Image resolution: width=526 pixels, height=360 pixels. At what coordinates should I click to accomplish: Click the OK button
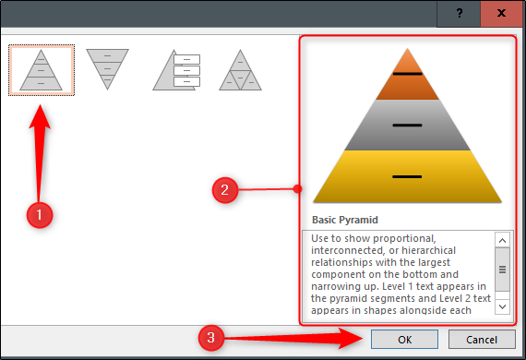(404, 340)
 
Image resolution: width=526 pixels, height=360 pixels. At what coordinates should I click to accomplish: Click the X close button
(501, 14)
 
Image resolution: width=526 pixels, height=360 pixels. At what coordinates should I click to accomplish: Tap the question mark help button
(459, 14)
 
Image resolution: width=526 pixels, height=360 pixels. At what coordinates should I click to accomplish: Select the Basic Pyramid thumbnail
(42, 70)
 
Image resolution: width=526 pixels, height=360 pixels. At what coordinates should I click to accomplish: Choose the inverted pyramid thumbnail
(107, 69)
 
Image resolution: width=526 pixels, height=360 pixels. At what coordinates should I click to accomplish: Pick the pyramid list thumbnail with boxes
(176, 70)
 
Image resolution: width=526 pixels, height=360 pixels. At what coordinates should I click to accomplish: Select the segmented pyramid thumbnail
(240, 70)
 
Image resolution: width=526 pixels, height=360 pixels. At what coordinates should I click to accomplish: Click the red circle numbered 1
(40, 215)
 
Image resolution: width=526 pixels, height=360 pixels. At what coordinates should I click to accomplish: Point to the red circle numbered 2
(225, 190)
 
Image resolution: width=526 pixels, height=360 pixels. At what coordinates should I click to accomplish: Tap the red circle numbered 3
(210, 338)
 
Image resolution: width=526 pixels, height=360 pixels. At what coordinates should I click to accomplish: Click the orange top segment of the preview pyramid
(407, 79)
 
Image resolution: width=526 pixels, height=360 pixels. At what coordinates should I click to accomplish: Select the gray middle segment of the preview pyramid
(407, 125)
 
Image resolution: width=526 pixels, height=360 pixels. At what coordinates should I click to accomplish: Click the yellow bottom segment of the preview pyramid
(407, 176)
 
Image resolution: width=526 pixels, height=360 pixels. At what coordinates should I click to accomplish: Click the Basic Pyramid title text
(345, 220)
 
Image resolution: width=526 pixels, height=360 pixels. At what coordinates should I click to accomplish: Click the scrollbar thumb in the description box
(502, 270)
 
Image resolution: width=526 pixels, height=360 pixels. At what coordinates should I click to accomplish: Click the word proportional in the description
(404, 238)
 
